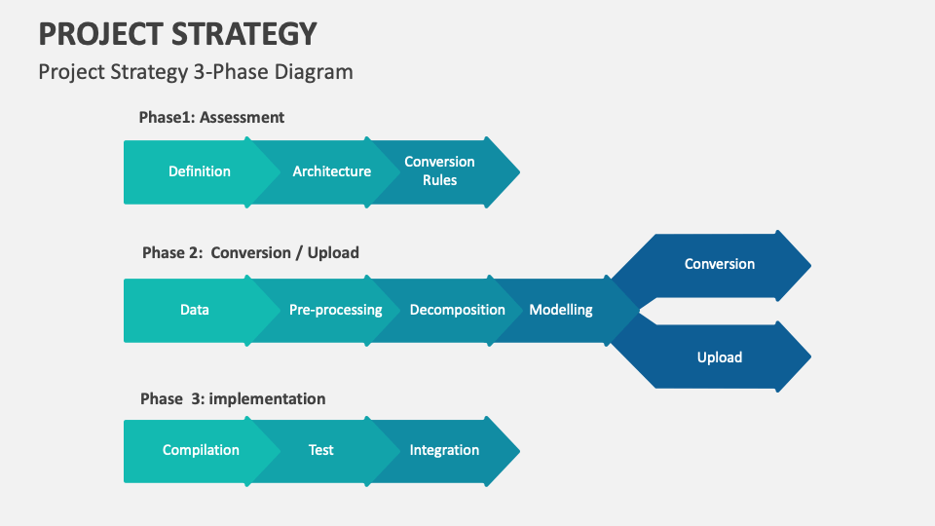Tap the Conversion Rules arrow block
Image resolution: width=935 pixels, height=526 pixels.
[440, 171]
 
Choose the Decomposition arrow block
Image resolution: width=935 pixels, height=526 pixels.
[457, 310]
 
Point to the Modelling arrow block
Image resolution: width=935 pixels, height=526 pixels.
[561, 310]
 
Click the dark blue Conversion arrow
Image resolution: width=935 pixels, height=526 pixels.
[719, 264]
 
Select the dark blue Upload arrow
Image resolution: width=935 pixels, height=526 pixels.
[719, 357]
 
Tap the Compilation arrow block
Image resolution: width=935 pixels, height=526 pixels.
[201, 450]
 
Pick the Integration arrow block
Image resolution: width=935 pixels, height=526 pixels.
[444, 450]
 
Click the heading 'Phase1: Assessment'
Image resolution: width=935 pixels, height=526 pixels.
[211, 117]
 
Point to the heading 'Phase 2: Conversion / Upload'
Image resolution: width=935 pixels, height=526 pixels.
[250, 252]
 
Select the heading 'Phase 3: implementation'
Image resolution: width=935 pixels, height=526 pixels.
[233, 398]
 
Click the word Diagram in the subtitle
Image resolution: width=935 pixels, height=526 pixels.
[314, 71]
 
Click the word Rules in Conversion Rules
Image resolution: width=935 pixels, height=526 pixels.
[440, 180]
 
